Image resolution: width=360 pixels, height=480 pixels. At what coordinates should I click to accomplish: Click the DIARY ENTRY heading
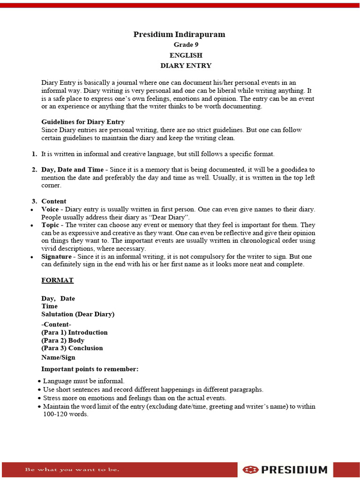(186, 66)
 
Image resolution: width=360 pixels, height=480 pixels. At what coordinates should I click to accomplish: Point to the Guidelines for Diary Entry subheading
(83, 122)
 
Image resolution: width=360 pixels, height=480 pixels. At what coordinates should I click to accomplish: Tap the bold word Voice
(50, 209)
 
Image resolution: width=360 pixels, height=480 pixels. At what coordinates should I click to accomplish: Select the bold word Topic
(50, 225)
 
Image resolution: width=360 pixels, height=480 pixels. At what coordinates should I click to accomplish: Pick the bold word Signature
(56, 256)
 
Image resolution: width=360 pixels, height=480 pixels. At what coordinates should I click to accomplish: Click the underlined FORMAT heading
(57, 280)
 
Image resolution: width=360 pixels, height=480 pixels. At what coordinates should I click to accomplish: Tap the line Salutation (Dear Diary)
(78, 314)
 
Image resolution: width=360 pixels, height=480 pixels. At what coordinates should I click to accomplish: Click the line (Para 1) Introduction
(75, 332)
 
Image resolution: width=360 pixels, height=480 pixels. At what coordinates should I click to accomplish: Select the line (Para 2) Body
(63, 340)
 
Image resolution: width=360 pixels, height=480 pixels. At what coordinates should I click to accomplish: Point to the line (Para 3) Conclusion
(72, 348)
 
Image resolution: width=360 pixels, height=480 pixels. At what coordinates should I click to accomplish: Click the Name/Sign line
(58, 357)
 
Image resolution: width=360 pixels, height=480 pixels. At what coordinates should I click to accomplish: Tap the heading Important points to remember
(90, 369)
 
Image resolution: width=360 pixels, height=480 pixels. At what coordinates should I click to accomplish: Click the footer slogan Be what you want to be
(72, 469)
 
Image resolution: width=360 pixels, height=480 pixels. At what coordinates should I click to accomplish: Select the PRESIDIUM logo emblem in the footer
(251, 470)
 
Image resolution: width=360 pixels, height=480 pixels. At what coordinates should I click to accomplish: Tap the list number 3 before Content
(34, 201)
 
